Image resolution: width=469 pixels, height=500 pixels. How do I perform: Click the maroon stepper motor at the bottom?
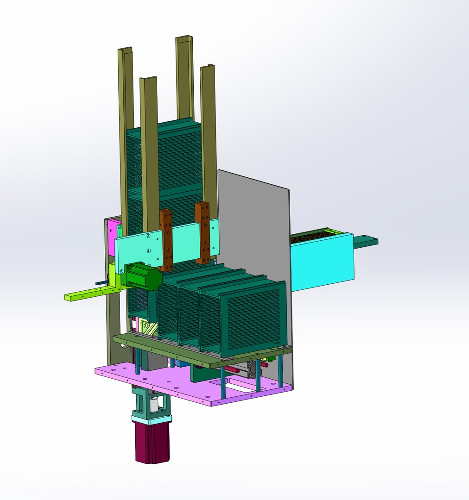tap(152, 442)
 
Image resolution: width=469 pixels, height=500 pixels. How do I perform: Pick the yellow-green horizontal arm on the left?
tap(88, 293)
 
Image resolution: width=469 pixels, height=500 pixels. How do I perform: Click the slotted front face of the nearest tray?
tap(253, 319)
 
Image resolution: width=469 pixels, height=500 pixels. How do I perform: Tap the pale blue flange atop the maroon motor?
tap(152, 419)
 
